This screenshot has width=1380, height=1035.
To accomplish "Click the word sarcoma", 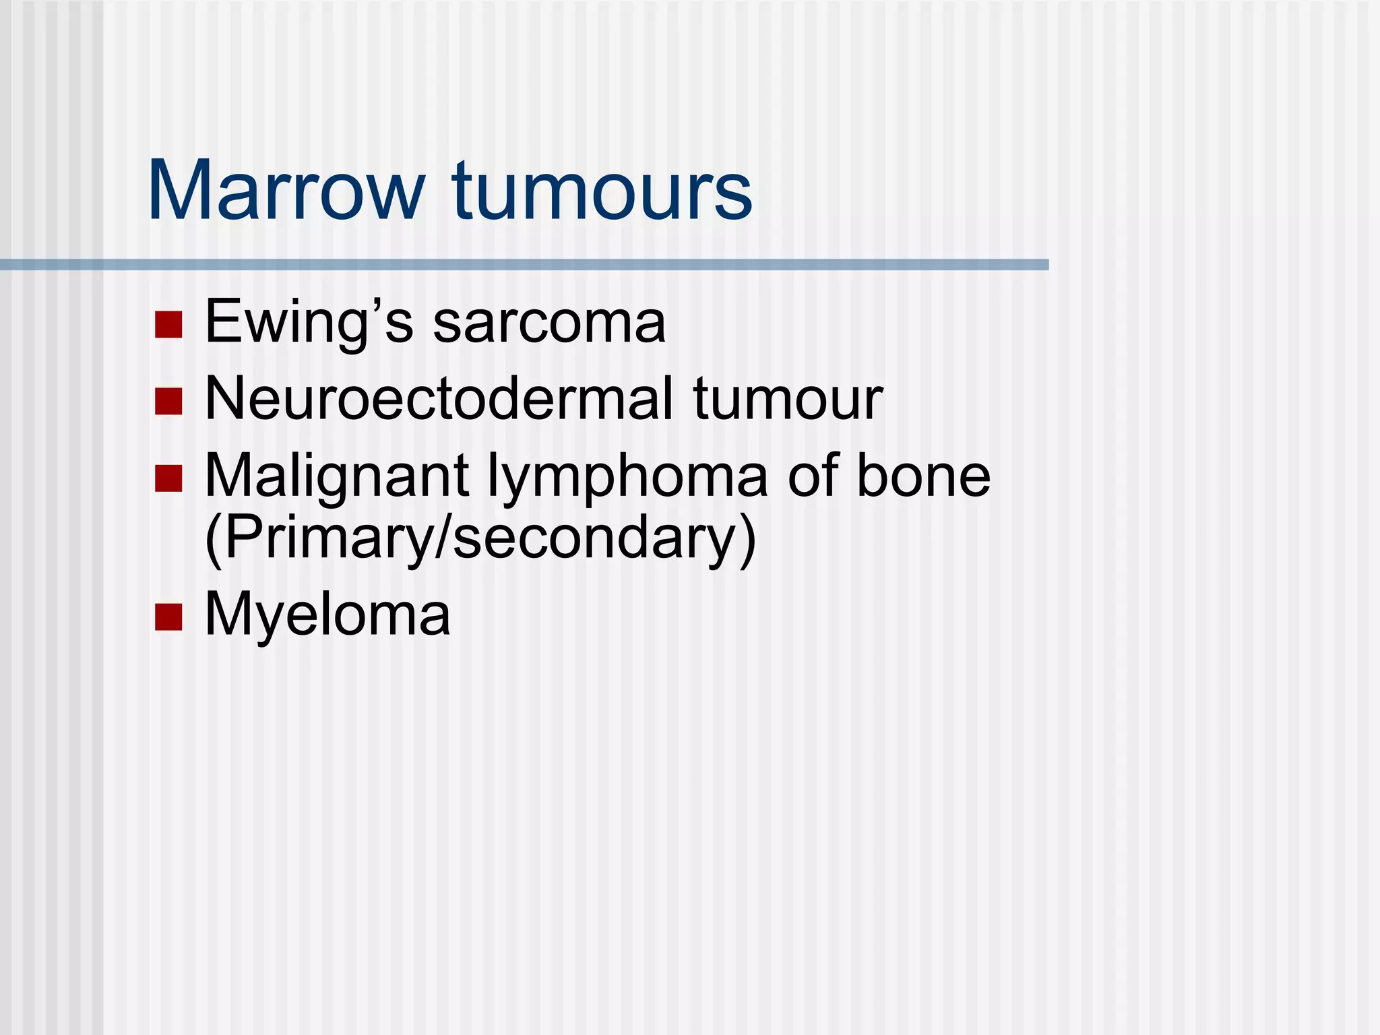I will coord(549,322).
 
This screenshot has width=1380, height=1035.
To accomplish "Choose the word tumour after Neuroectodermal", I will coord(788,399).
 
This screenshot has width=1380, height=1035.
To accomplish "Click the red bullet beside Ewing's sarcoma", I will coord(168,324).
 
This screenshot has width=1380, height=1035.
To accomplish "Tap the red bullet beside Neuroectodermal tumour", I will coord(168,401).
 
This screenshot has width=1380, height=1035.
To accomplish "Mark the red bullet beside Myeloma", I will coord(168,617).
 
